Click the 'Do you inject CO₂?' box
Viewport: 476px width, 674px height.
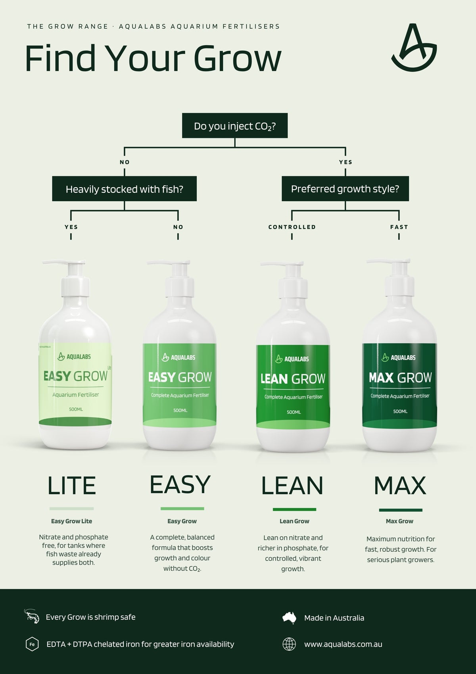(x=235, y=125)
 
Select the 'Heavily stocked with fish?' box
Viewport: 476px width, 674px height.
(x=124, y=189)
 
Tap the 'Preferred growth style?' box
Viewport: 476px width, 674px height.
(x=345, y=189)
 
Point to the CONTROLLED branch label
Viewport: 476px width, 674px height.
(x=292, y=227)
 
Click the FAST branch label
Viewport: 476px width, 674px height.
(x=399, y=227)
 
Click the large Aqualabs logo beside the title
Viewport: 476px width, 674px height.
(x=414, y=48)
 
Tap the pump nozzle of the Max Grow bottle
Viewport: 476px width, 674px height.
(x=388, y=261)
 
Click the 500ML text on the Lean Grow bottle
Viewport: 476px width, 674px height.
(x=294, y=412)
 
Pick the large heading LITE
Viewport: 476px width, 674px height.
(x=72, y=485)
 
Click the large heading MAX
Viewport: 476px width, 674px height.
(x=400, y=485)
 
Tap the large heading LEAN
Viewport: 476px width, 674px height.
(x=292, y=485)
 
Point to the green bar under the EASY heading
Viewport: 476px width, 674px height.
(x=182, y=509)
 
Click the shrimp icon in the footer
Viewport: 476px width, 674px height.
(x=32, y=616)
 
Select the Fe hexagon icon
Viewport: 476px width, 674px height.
(x=32, y=644)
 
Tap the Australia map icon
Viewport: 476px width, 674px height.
(x=289, y=618)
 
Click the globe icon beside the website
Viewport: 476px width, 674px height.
(x=289, y=644)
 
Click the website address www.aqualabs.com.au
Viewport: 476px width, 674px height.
(x=343, y=644)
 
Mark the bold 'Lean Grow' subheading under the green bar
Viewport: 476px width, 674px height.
(x=294, y=521)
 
